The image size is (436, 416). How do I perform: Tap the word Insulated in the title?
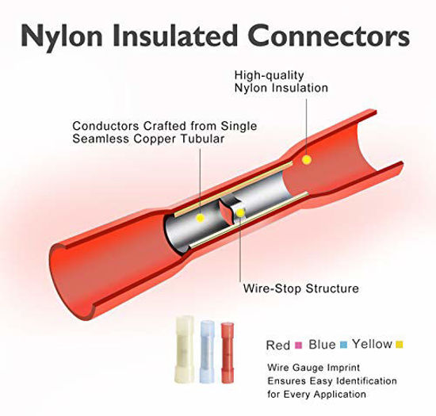click(174, 36)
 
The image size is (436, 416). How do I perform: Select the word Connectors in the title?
click(329, 36)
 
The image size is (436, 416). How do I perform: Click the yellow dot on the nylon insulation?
click(307, 160)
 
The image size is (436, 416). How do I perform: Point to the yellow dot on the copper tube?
click(200, 218)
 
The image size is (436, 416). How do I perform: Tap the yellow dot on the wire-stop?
click(240, 213)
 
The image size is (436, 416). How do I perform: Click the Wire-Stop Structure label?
click(301, 288)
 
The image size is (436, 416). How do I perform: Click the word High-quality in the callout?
click(270, 75)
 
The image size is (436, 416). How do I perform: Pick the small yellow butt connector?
click(184, 349)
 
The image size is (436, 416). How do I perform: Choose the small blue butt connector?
click(207, 352)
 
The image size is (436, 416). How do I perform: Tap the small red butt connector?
click(228, 353)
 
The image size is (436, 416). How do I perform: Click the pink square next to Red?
click(298, 345)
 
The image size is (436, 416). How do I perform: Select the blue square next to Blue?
click(344, 345)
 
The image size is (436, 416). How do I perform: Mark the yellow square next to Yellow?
click(400, 345)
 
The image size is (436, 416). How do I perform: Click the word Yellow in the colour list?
click(372, 344)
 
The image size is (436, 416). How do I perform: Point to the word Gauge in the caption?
click(308, 368)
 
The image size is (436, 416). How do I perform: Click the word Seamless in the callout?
click(101, 139)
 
